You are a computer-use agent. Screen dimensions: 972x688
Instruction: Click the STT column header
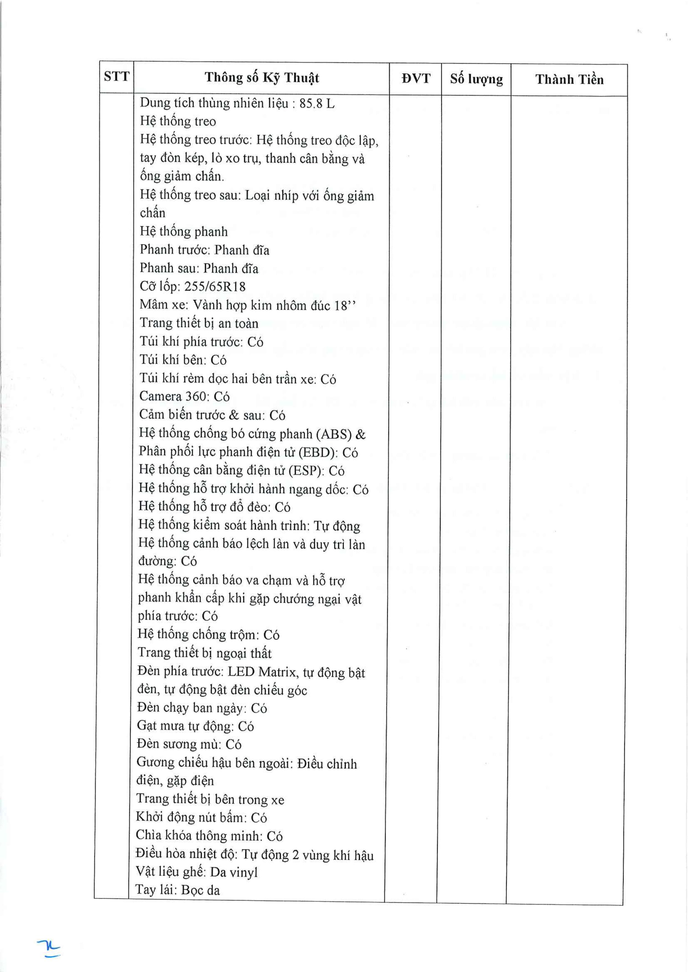[x=116, y=77]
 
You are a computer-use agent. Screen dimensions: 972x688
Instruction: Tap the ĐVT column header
[x=416, y=79]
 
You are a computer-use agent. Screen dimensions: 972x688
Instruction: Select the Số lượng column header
[x=476, y=79]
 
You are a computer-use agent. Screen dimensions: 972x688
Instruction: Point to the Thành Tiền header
[x=569, y=79]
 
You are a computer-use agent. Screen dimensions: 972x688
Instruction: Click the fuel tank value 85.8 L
[x=317, y=104]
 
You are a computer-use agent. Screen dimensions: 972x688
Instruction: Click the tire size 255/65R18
[x=215, y=287]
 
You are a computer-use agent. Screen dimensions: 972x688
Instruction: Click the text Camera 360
[x=173, y=396]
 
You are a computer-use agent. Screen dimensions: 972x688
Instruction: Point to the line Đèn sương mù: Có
[x=189, y=744]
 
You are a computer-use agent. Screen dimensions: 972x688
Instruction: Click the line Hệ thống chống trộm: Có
[x=208, y=634]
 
